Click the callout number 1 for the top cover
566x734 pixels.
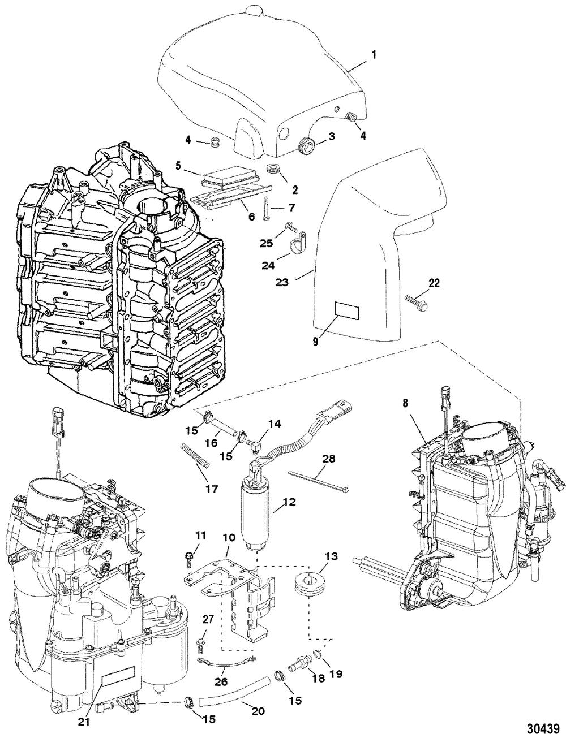point(374,55)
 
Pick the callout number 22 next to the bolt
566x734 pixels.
point(434,283)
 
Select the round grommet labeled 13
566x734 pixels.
point(304,585)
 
